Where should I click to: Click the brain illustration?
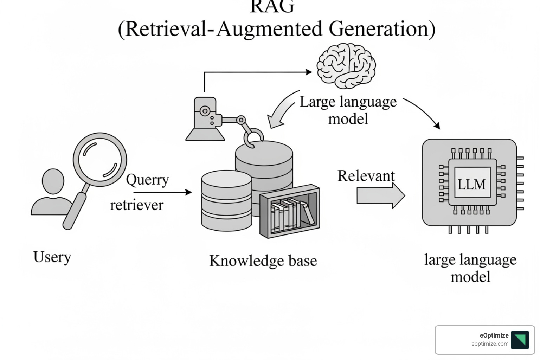346,66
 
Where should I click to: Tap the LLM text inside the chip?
471,184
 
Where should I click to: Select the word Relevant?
366,176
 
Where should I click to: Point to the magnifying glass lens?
100,159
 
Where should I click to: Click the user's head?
53,181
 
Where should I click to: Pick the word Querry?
147,180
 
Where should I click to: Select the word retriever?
137,205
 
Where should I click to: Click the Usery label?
52,257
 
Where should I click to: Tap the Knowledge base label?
263,261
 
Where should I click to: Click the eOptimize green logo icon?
520,340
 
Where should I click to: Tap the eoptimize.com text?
490,344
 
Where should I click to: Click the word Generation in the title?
382,29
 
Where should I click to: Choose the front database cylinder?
226,201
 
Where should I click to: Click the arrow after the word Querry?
162,192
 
